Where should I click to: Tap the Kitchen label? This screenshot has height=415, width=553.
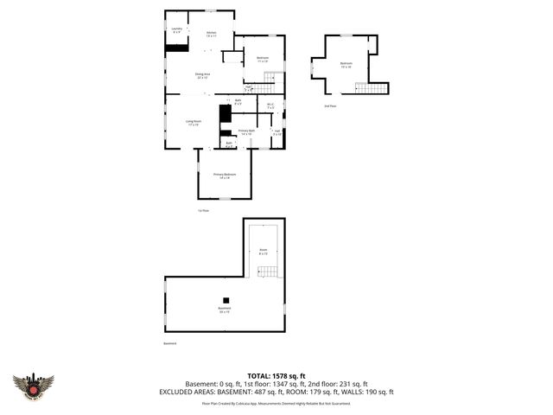(211, 35)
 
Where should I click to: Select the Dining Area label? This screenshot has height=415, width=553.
(204, 76)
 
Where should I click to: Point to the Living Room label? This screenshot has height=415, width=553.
(194, 123)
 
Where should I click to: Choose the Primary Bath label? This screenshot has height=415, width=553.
(246, 133)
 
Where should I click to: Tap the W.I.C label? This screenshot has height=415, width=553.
(270, 106)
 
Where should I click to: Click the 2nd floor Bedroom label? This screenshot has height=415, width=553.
(346, 65)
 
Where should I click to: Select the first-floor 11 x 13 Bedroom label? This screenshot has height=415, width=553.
(263, 61)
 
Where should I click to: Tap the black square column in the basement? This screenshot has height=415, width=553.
(226, 301)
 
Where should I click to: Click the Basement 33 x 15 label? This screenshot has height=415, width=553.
(224, 310)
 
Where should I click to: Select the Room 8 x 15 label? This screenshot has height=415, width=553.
(264, 252)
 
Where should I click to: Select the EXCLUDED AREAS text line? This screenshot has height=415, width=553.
(276, 392)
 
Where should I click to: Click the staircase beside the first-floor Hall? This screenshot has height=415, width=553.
(268, 84)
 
